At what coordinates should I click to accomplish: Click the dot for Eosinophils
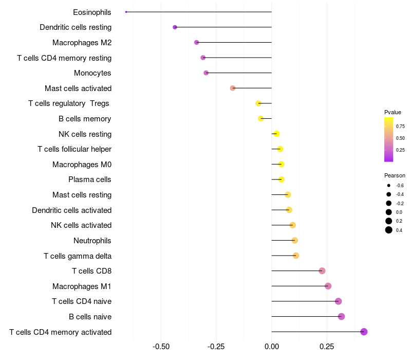tap(126, 12)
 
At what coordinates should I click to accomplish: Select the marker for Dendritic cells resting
tap(175, 27)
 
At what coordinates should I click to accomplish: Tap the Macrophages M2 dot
tap(196, 42)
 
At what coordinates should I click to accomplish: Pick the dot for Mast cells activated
tap(233, 88)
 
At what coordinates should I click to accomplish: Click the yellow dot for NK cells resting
tap(276, 134)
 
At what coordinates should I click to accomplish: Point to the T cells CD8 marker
tap(322, 271)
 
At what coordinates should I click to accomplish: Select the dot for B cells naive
tap(341, 316)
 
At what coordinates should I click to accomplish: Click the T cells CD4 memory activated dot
tap(364, 332)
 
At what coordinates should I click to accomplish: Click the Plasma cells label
tap(90, 179)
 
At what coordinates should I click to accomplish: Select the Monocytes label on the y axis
tap(92, 73)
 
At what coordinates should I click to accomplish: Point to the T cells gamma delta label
tap(78, 256)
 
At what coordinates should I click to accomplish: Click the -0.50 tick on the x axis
tap(161, 347)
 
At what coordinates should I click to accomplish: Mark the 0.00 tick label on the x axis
tap(271, 347)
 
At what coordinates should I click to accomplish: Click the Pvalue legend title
tap(393, 112)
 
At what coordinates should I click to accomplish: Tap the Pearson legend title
tap(395, 175)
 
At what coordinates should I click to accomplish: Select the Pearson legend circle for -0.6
tap(389, 185)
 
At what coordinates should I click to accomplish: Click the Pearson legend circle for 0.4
tap(389, 230)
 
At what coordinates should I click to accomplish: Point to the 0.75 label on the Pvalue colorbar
tap(400, 126)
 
